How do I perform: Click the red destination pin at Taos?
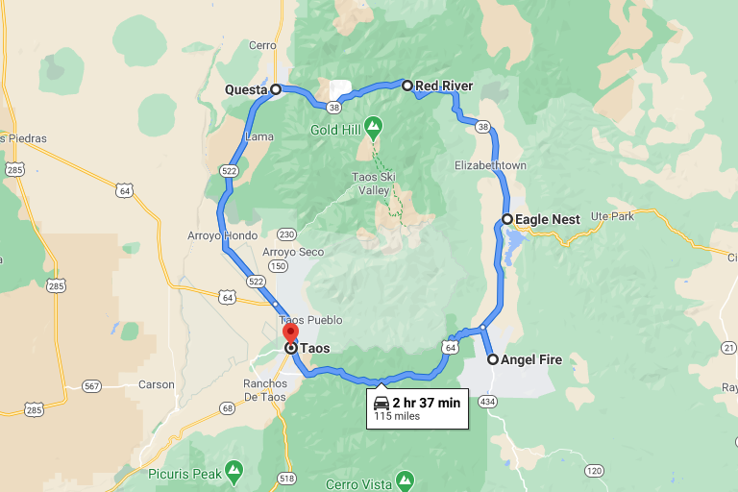[x=290, y=332]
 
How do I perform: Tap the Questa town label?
[x=245, y=89]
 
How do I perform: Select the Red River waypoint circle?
[x=407, y=86]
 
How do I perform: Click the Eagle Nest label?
[x=547, y=219]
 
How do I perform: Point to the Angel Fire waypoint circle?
[x=493, y=359]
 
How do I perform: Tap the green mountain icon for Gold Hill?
[x=373, y=125]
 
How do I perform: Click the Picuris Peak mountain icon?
[x=234, y=471]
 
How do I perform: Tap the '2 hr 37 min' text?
[x=427, y=402]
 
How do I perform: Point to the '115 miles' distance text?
[x=397, y=416]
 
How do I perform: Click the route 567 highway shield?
[x=91, y=385]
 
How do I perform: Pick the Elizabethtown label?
[x=490, y=165]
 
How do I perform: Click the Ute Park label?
[x=613, y=215]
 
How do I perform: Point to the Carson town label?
[x=157, y=384]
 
